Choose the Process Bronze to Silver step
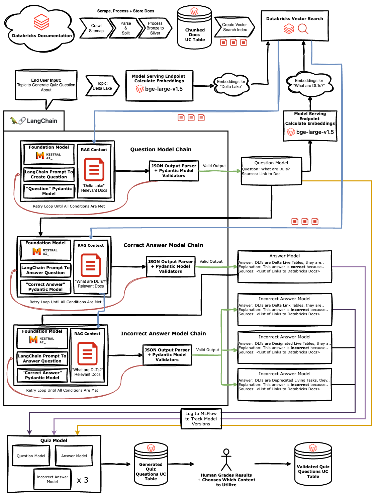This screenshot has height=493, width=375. click(x=155, y=28)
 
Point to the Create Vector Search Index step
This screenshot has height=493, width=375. click(x=235, y=27)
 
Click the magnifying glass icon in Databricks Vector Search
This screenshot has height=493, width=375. click(x=303, y=29)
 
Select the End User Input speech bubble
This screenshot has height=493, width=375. click(x=46, y=85)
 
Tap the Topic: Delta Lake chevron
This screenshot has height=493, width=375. click(x=102, y=86)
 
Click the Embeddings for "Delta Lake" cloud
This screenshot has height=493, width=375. click(x=231, y=84)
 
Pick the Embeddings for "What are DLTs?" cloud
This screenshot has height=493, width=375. click(x=309, y=83)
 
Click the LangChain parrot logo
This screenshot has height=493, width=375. click(x=14, y=121)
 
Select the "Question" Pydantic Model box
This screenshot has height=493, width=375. click(x=49, y=191)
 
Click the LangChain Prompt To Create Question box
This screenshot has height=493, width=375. click(x=49, y=174)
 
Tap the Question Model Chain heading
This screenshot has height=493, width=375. click(x=161, y=150)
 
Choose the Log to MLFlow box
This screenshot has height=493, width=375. click(x=201, y=419)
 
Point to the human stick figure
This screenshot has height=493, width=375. click(x=226, y=460)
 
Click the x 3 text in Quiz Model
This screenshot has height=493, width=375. click(x=83, y=480)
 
